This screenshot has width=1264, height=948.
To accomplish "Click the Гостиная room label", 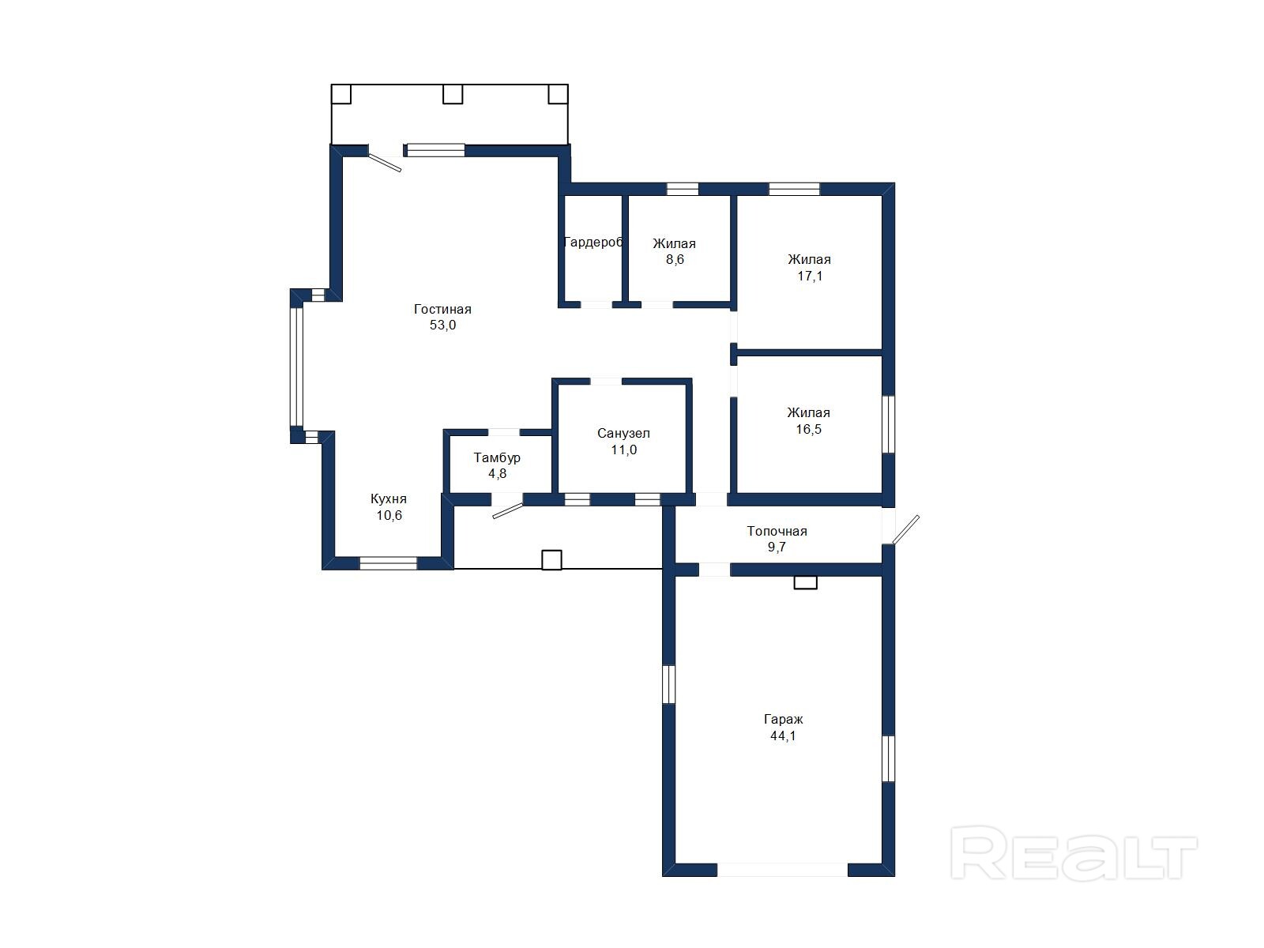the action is (442, 309).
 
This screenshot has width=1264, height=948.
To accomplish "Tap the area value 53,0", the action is (442, 325).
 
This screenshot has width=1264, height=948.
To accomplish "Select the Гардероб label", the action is (593, 243).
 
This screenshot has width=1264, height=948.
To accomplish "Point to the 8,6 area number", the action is (675, 260).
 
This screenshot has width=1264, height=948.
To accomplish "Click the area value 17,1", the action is (810, 276).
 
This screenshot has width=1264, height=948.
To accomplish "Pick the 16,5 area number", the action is (808, 430).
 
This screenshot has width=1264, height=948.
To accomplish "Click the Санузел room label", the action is (623, 434).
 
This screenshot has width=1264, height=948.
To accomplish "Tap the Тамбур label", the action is (497, 457).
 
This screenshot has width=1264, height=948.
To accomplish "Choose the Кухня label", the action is (389, 499).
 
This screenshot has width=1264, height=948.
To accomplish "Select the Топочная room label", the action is (777, 531).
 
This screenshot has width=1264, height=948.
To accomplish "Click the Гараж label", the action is (783, 720).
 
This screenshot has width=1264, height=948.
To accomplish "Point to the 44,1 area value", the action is (783, 736).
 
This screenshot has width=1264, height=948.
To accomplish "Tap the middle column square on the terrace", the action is (453, 94).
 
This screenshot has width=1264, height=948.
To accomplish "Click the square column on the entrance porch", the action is (551, 560).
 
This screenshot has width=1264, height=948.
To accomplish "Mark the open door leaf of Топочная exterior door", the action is (905, 529).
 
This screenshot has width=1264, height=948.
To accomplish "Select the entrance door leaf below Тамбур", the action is (508, 510).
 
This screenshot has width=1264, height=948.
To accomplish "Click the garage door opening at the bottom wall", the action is (783, 869).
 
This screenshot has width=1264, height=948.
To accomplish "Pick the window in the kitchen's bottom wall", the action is (388, 563).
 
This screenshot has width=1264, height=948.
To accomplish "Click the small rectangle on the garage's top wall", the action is (805, 582).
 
